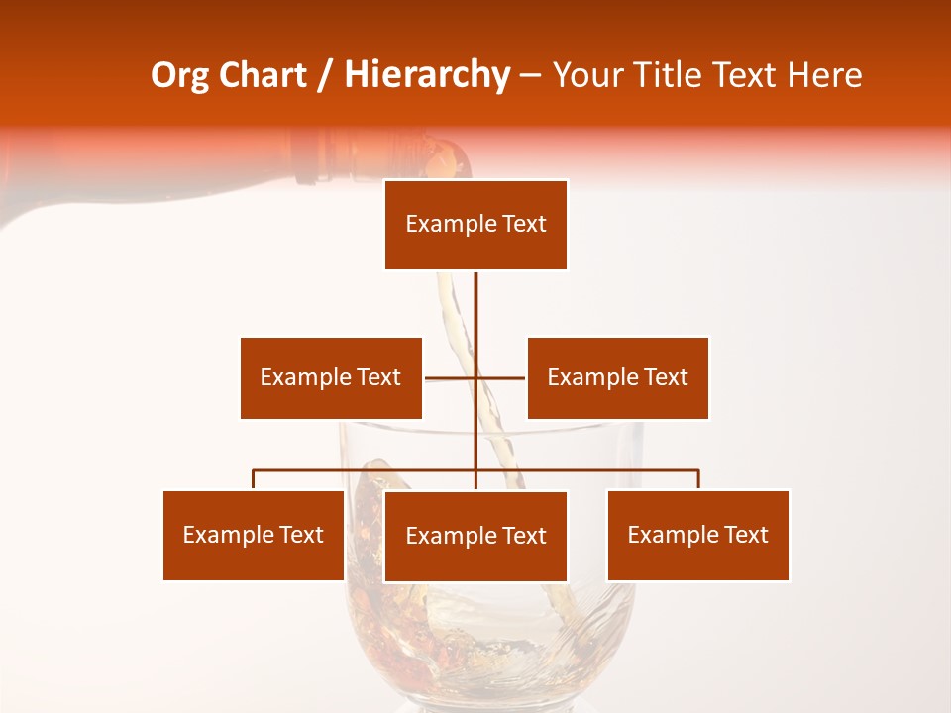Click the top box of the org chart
point(475,225)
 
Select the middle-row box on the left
point(331,377)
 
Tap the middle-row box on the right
point(617,377)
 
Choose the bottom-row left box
point(254,535)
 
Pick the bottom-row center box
point(475,536)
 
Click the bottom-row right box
point(697,535)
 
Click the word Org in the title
point(180,75)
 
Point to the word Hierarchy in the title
point(426,75)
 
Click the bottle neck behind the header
point(327,158)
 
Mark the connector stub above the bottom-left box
point(254,479)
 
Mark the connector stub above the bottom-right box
point(698,479)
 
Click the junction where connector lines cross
point(475,377)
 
